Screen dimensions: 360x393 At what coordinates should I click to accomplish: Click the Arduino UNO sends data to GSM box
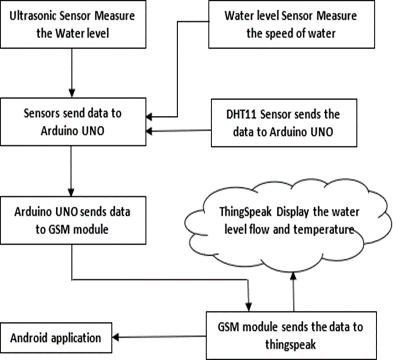tap(73, 220)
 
